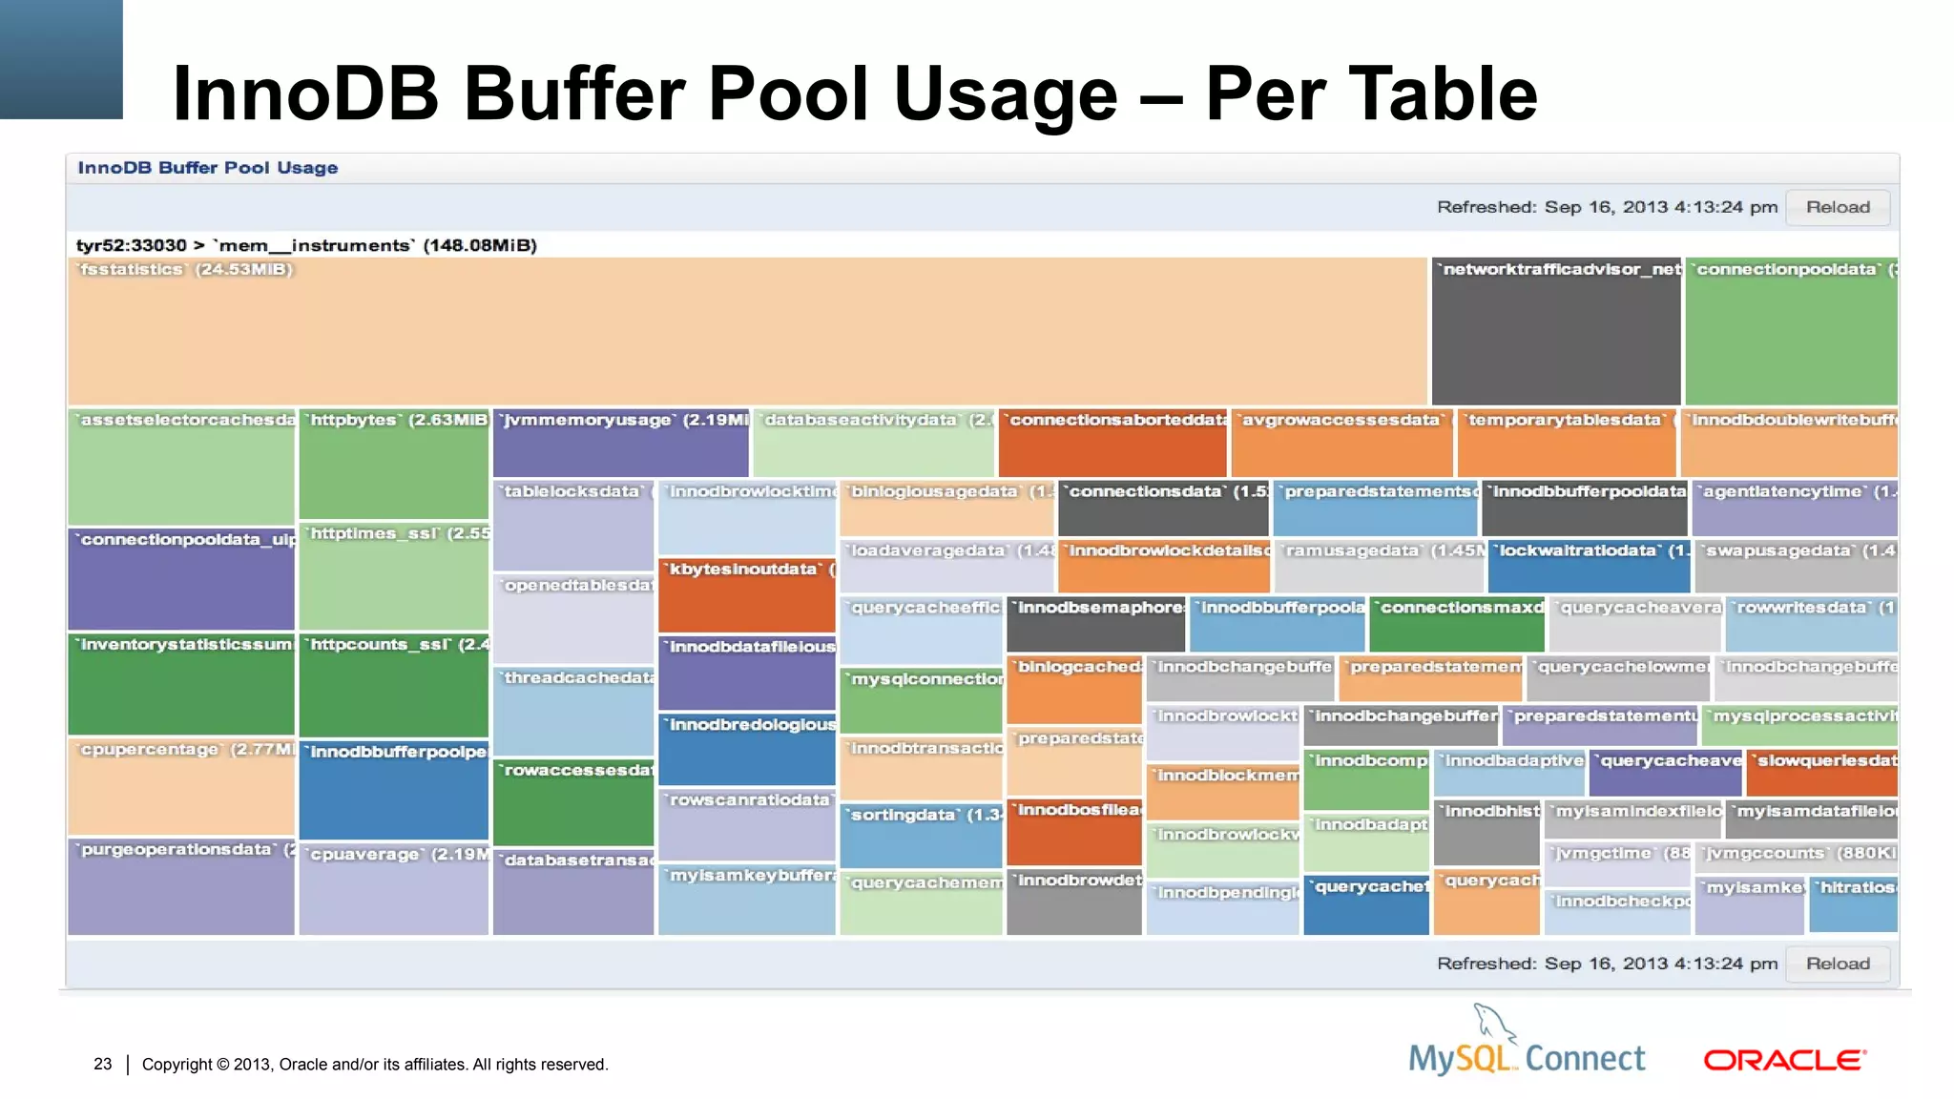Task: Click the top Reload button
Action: click(x=1837, y=207)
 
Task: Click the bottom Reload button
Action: click(x=1837, y=964)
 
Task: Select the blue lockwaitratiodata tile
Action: click(x=1589, y=568)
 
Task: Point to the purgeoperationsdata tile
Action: click(x=181, y=887)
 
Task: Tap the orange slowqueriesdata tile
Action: click(x=1821, y=774)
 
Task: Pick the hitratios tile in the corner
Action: click(x=1853, y=905)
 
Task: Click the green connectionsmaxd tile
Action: click(x=1456, y=625)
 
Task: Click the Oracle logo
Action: click(x=1784, y=1060)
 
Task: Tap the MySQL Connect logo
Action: click(x=1528, y=1049)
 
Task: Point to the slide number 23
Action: click(x=103, y=1064)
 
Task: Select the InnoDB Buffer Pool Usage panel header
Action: click(x=208, y=168)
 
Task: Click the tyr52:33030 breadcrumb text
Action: click(x=131, y=245)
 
